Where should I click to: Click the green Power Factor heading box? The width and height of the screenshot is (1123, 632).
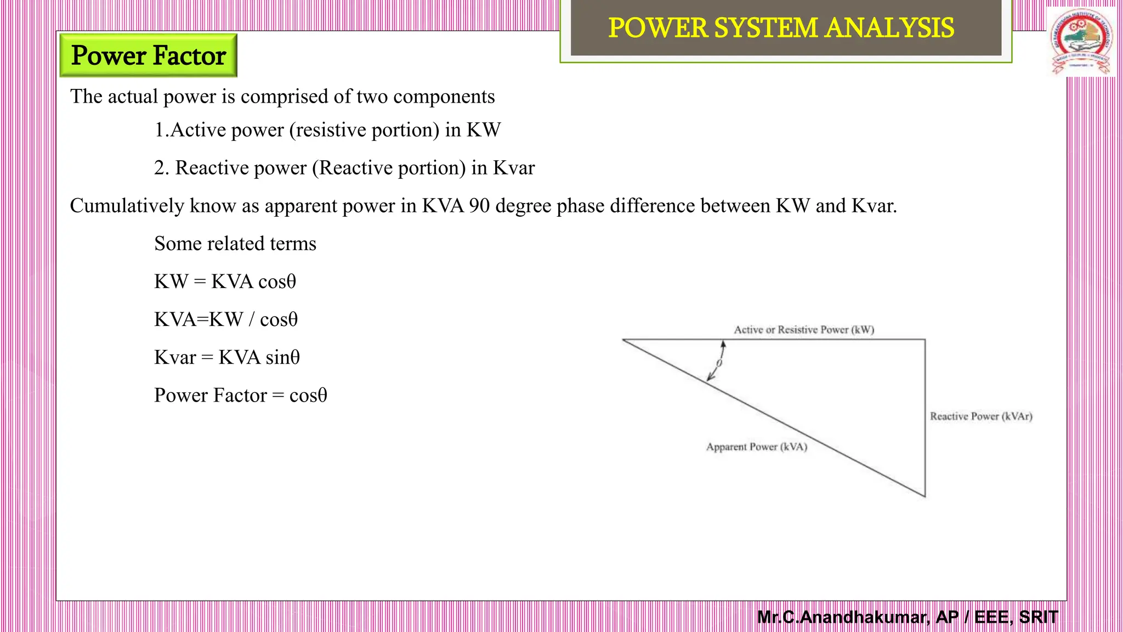point(148,55)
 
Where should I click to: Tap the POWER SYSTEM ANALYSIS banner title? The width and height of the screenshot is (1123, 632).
point(781,28)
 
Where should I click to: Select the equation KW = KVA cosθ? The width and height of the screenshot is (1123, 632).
point(225,281)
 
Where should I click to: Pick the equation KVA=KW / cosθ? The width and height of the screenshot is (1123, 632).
point(226,319)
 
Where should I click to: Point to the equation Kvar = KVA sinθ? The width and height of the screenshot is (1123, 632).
point(227,357)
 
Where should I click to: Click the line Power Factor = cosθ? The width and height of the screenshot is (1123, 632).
point(240,395)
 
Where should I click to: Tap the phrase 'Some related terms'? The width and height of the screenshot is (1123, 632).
point(235,244)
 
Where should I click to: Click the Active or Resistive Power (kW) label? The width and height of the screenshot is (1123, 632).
point(804,330)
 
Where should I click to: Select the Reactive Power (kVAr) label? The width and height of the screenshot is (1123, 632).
point(981,416)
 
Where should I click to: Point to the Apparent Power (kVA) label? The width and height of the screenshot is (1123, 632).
point(757,447)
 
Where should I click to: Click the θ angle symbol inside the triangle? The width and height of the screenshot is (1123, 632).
point(719,363)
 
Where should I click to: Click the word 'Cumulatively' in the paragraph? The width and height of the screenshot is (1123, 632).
point(127,206)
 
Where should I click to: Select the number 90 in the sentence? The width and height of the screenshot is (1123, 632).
point(479,206)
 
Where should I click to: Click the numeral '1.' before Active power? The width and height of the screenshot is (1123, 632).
point(161,130)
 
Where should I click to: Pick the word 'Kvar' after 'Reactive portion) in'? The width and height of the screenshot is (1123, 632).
point(514,168)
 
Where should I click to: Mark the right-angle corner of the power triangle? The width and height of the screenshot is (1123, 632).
point(925,340)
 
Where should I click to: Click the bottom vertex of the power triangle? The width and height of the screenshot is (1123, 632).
point(925,496)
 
